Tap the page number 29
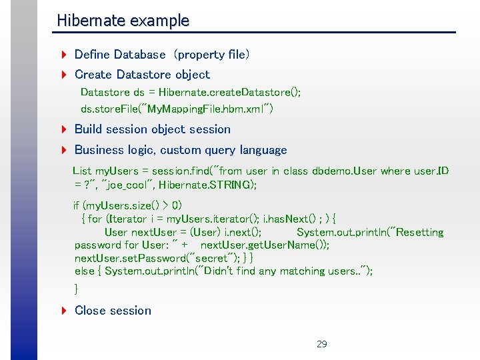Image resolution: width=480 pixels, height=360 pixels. [322, 344]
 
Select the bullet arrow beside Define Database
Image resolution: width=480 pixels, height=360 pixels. [62, 55]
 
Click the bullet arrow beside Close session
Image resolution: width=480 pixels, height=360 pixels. [62, 311]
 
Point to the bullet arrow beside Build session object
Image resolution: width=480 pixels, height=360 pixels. [62, 129]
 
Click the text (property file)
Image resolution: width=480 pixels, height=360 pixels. [211, 55]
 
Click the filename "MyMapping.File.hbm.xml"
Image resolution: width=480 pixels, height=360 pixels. [200, 108]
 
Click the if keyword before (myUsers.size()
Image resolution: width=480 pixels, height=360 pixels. [77, 205]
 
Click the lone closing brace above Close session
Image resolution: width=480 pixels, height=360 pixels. [76, 289]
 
